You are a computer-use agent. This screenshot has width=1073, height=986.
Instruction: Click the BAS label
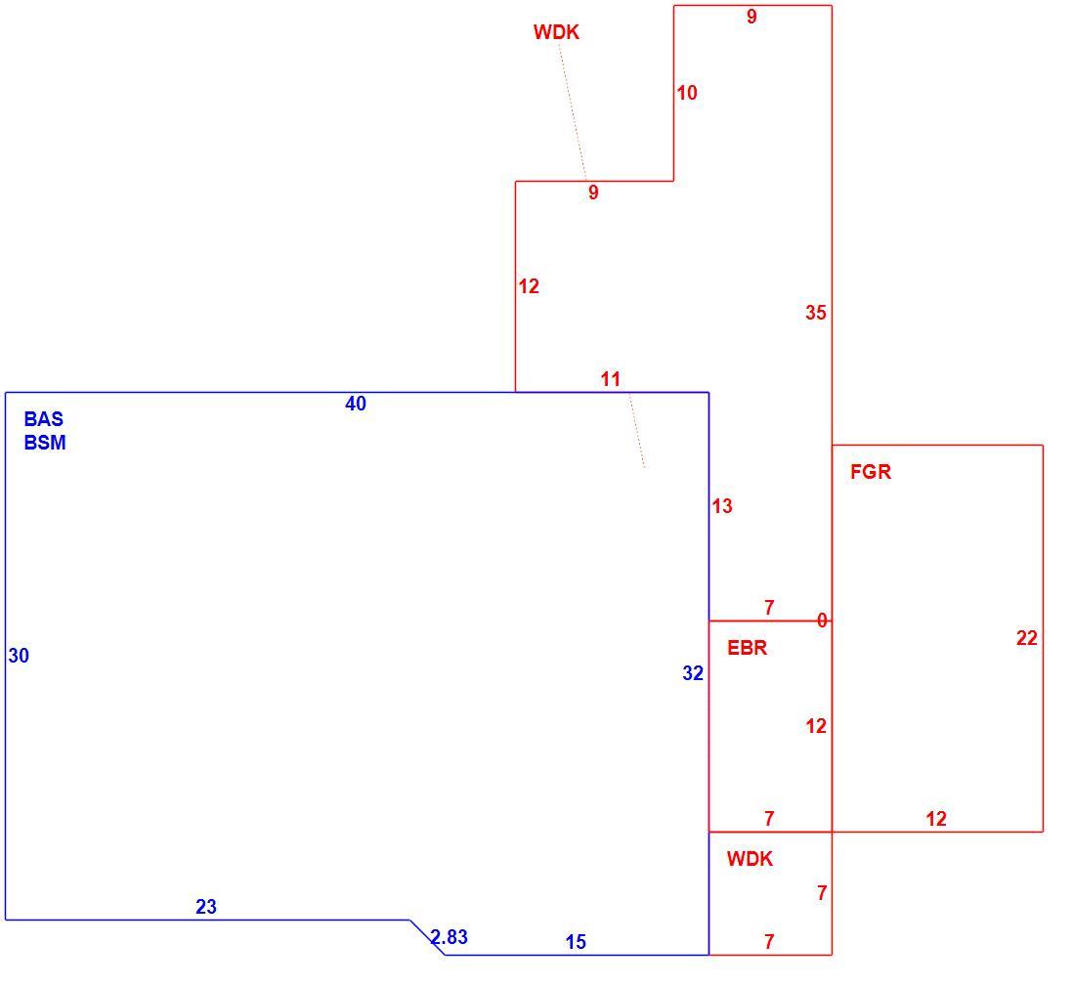click(43, 419)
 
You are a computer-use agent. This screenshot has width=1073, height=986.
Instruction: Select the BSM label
click(45, 443)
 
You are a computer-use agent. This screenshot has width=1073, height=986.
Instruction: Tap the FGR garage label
click(871, 471)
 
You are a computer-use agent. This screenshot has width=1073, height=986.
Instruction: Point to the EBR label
click(747, 647)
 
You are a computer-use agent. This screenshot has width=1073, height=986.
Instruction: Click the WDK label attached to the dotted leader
click(556, 32)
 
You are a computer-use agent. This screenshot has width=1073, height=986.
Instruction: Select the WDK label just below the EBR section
click(750, 859)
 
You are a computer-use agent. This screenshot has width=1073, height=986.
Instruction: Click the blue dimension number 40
click(355, 404)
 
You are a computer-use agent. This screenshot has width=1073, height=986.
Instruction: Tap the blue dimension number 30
click(19, 656)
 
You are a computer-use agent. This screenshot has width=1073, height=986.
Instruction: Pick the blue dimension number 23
click(206, 907)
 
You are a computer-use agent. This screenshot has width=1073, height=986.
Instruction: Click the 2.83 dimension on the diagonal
click(449, 937)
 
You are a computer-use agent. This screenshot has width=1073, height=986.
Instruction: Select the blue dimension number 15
click(576, 942)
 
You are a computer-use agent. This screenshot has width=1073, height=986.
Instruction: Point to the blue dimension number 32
click(693, 673)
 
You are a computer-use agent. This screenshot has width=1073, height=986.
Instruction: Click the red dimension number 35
click(816, 313)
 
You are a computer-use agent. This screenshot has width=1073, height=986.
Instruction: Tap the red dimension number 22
click(1026, 638)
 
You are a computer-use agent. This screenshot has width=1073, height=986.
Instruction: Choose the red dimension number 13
click(722, 505)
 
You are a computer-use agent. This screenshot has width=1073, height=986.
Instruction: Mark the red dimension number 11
click(611, 378)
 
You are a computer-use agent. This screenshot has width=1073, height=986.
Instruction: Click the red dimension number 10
click(687, 93)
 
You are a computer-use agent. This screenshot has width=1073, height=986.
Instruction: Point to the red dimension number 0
click(822, 621)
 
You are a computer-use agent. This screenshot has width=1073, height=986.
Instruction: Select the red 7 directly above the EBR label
click(769, 608)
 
